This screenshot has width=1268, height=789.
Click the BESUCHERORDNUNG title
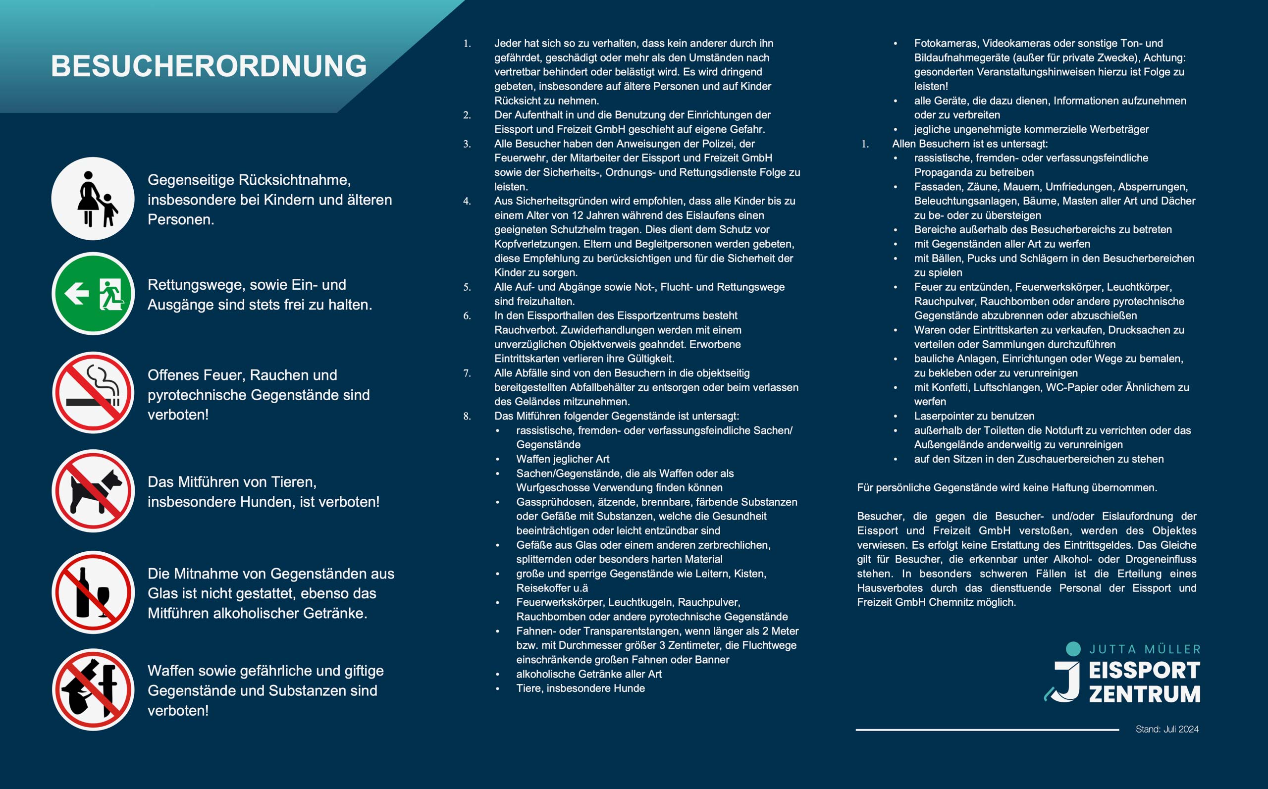point(209,66)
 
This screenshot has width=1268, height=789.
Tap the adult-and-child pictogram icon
point(93,199)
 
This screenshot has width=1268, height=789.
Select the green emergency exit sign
point(93,294)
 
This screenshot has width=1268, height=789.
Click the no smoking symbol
point(93,392)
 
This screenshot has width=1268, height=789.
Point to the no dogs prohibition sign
point(93,491)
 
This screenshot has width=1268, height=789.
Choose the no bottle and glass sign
point(93,592)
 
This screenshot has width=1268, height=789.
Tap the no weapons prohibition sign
point(93,689)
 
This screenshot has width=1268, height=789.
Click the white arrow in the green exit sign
point(77,293)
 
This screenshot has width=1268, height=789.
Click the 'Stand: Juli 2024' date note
point(1167,729)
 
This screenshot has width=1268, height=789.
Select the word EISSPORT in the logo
point(1144,671)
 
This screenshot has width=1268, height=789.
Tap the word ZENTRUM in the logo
point(1144,694)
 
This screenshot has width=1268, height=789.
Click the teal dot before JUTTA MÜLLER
point(1073,649)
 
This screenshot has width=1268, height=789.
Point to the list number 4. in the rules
point(467,201)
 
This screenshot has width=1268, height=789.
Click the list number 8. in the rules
point(467,417)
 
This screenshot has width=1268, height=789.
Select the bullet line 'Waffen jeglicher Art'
point(563,459)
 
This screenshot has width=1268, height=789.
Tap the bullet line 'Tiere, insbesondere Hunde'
point(580,688)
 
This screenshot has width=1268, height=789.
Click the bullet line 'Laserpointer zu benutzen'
point(974,417)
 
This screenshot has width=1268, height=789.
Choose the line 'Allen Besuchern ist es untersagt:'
point(969,144)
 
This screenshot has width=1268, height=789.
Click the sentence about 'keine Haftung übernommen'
point(1006,488)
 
